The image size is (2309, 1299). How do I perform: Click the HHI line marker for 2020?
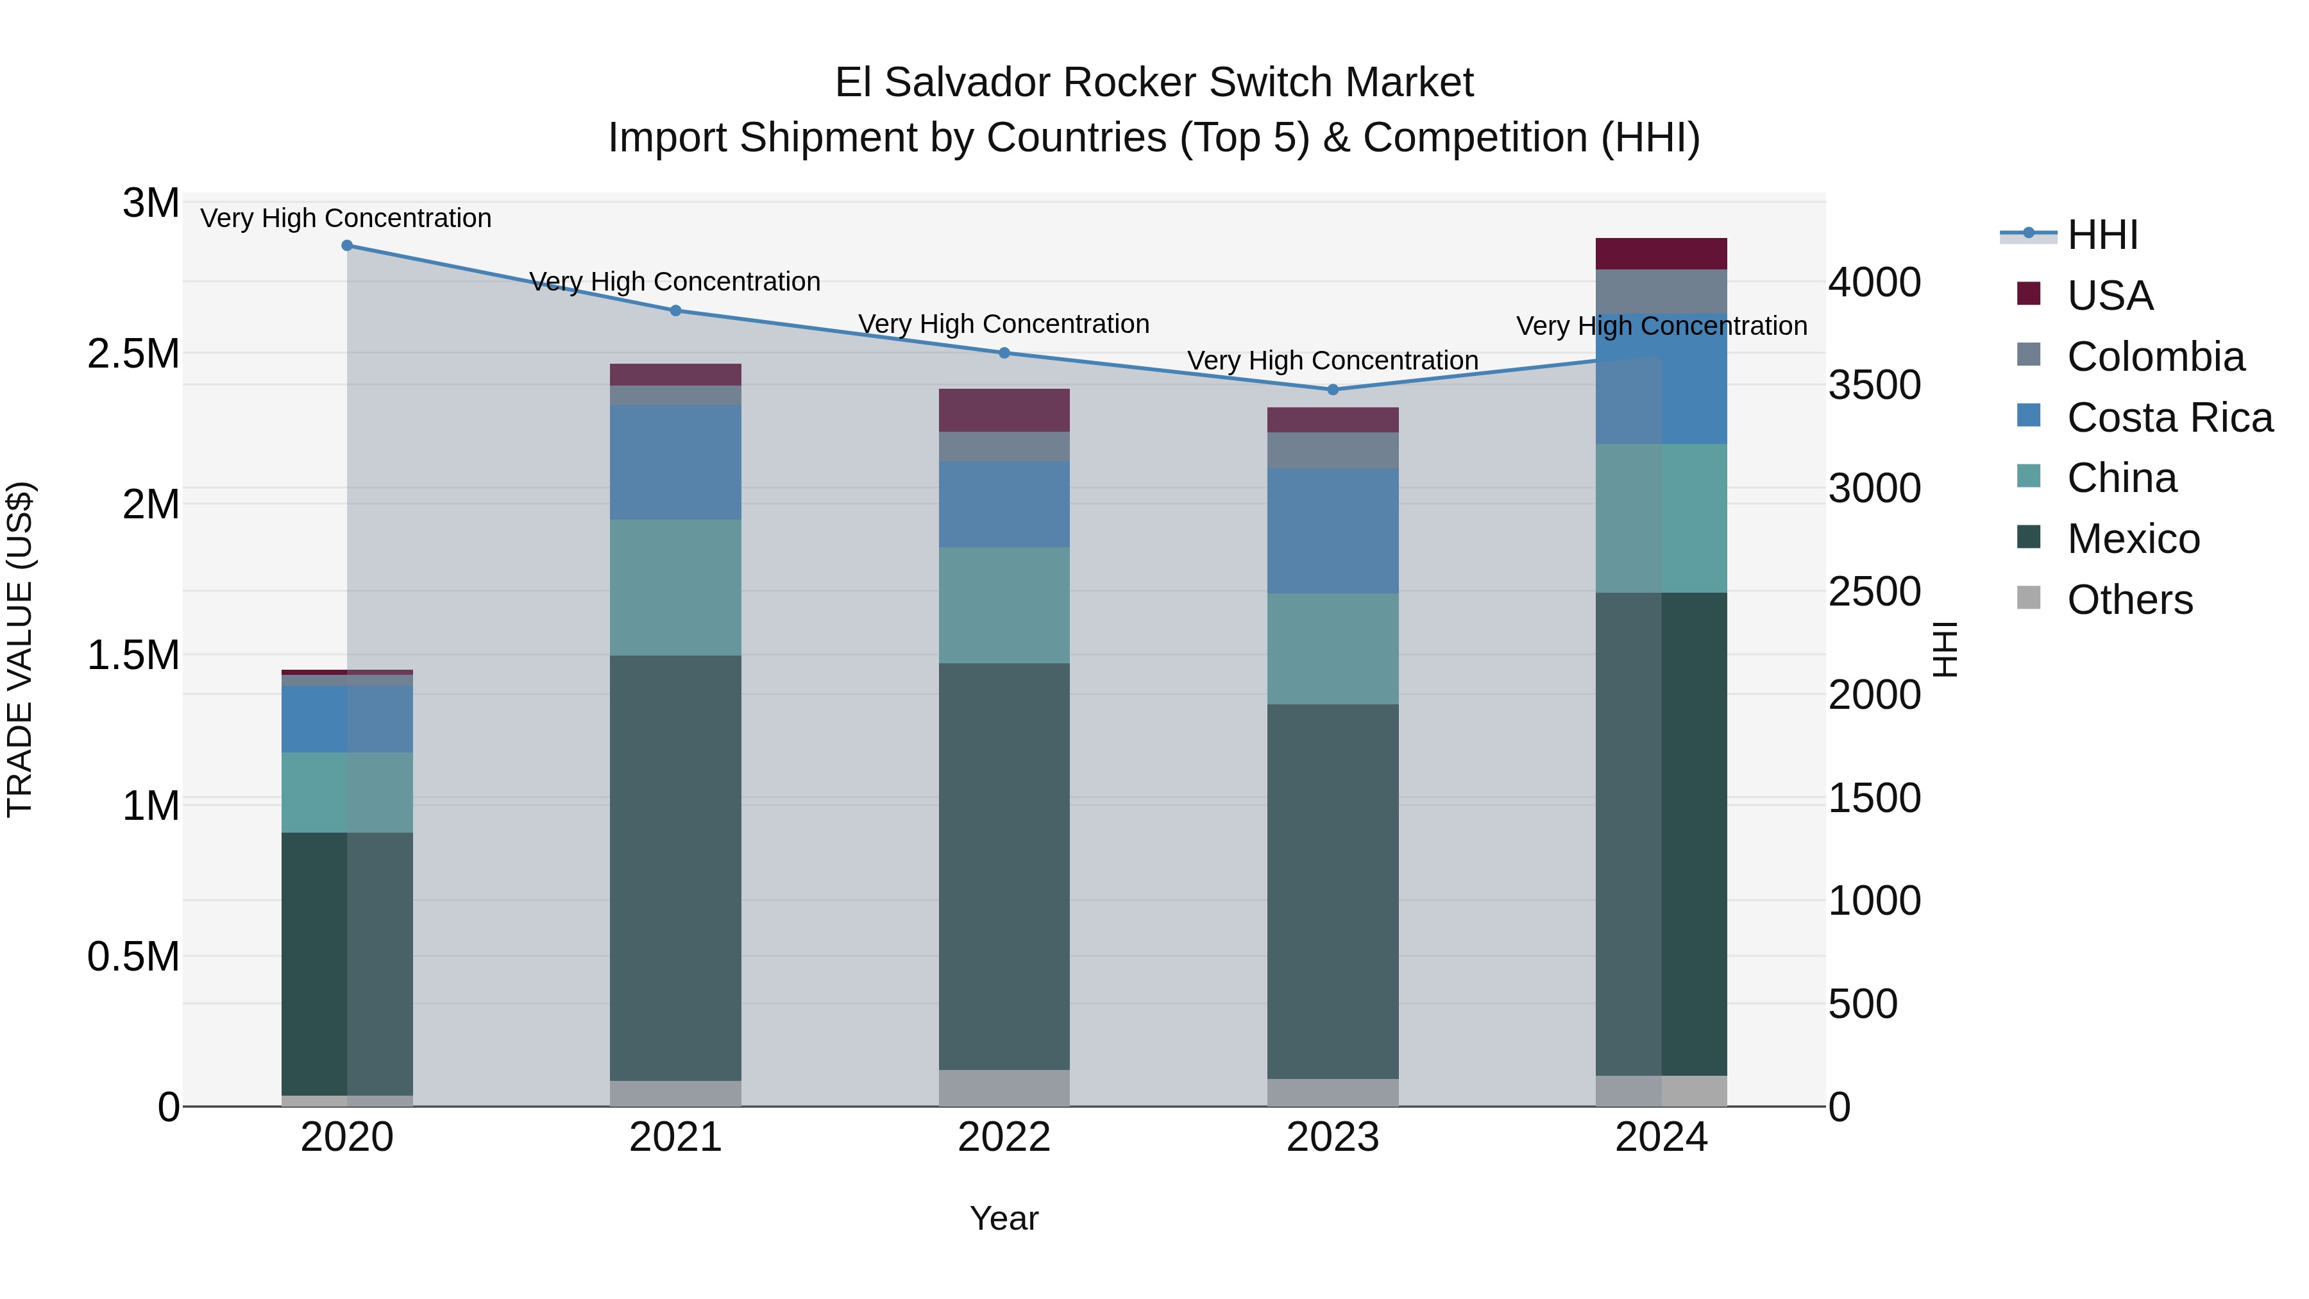point(347,245)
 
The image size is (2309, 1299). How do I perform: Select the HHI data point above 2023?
point(1332,389)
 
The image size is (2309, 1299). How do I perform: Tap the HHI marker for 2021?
point(676,310)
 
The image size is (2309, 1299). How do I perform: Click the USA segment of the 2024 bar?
point(1661,253)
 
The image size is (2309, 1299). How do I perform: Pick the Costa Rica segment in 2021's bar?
point(676,462)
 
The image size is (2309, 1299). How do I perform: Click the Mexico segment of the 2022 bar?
point(1004,865)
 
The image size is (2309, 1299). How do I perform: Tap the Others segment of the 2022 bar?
point(1004,1087)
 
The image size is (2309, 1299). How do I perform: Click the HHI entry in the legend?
point(2102,235)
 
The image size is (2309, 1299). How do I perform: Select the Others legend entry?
point(2129,600)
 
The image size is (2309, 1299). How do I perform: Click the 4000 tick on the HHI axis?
point(1874,282)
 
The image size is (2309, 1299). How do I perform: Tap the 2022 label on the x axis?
point(1004,1137)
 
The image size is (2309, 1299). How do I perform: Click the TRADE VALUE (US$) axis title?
point(20,649)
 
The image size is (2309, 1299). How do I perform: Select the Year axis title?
point(1004,1218)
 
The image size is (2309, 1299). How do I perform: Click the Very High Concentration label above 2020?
point(346,218)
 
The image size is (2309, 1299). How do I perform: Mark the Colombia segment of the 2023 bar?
point(1332,450)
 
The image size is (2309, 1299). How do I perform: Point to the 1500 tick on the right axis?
point(1874,798)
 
